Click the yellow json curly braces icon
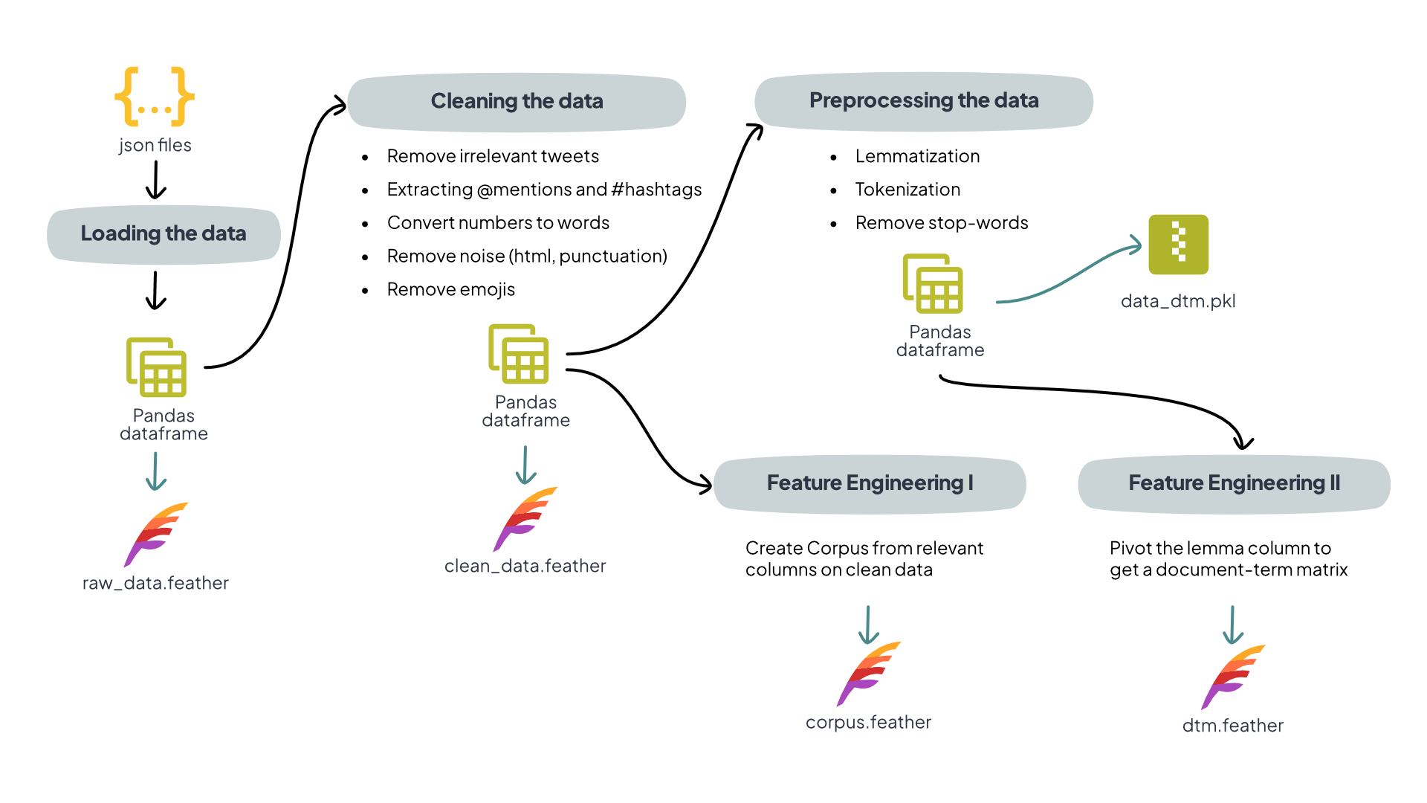pos(155,97)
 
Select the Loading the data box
pos(164,234)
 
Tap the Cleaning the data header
pos(517,102)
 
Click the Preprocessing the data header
pos(924,101)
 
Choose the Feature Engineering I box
pos(870,484)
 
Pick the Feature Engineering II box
pos(1234,484)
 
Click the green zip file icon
pos(1178,245)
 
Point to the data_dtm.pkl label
pos(1178,301)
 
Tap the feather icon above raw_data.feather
pos(156,534)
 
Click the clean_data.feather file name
pos(525,567)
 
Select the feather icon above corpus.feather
pos(868,673)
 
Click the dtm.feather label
pos(1232,726)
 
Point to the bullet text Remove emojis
pos(450,290)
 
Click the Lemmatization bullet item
pos(917,157)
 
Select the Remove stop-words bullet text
pos(941,223)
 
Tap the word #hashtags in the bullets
pos(656,190)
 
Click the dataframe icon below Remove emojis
pos(519,354)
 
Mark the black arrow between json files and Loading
pos(155,181)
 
